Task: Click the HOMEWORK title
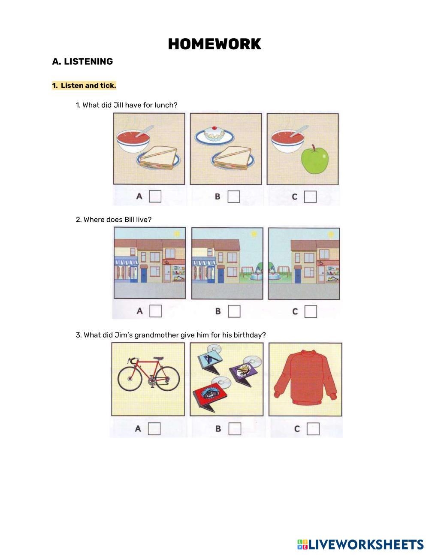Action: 214,44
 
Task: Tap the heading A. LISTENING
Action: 82,61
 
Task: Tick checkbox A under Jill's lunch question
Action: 155,196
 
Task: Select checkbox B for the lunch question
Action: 234,196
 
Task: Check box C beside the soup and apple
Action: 310,196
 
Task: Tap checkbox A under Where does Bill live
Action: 155,311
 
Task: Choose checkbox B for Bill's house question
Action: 234,311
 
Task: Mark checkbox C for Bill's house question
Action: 311,311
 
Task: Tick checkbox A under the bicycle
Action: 154,428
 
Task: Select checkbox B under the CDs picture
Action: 235,428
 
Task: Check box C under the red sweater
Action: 313,428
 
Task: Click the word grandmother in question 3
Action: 156,335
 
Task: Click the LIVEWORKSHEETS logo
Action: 360,544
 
